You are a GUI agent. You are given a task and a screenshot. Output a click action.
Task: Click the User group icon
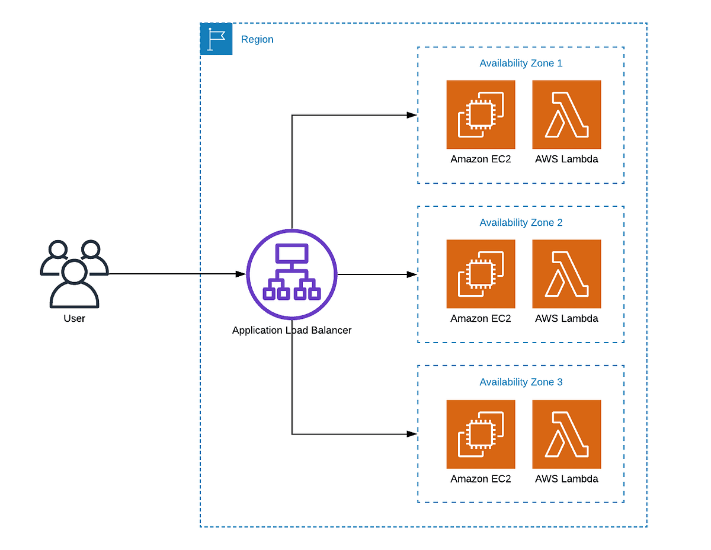74,274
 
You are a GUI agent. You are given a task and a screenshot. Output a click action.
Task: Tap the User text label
74,318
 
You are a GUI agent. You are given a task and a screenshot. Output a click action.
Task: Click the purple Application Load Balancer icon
292,274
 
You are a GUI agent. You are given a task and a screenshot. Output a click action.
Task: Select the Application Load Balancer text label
292,330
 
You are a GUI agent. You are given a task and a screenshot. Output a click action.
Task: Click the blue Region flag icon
216,39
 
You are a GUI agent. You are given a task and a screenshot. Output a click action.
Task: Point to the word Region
257,39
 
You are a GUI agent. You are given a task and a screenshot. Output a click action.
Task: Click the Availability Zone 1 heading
521,63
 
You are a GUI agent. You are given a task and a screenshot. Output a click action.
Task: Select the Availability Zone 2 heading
521,223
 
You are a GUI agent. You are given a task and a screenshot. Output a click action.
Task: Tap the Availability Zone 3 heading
521,382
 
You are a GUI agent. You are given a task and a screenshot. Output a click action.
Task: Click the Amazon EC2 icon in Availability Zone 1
481,114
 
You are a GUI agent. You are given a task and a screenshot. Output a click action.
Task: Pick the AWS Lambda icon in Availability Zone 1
566,114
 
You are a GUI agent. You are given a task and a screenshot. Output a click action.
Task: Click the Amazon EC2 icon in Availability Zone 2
481,274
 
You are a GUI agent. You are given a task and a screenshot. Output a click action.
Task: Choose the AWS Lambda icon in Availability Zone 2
566,274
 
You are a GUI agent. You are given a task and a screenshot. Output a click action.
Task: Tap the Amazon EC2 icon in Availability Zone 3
481,434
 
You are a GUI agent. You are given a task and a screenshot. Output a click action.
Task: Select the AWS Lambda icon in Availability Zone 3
566,434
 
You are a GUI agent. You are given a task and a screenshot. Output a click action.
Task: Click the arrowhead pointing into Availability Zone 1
412,115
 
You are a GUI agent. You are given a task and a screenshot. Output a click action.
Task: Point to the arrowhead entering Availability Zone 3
412,434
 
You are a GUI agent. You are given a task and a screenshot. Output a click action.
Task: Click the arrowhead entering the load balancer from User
240,274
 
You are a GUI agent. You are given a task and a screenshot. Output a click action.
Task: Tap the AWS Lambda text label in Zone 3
566,478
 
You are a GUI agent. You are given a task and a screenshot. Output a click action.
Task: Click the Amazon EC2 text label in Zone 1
481,159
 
